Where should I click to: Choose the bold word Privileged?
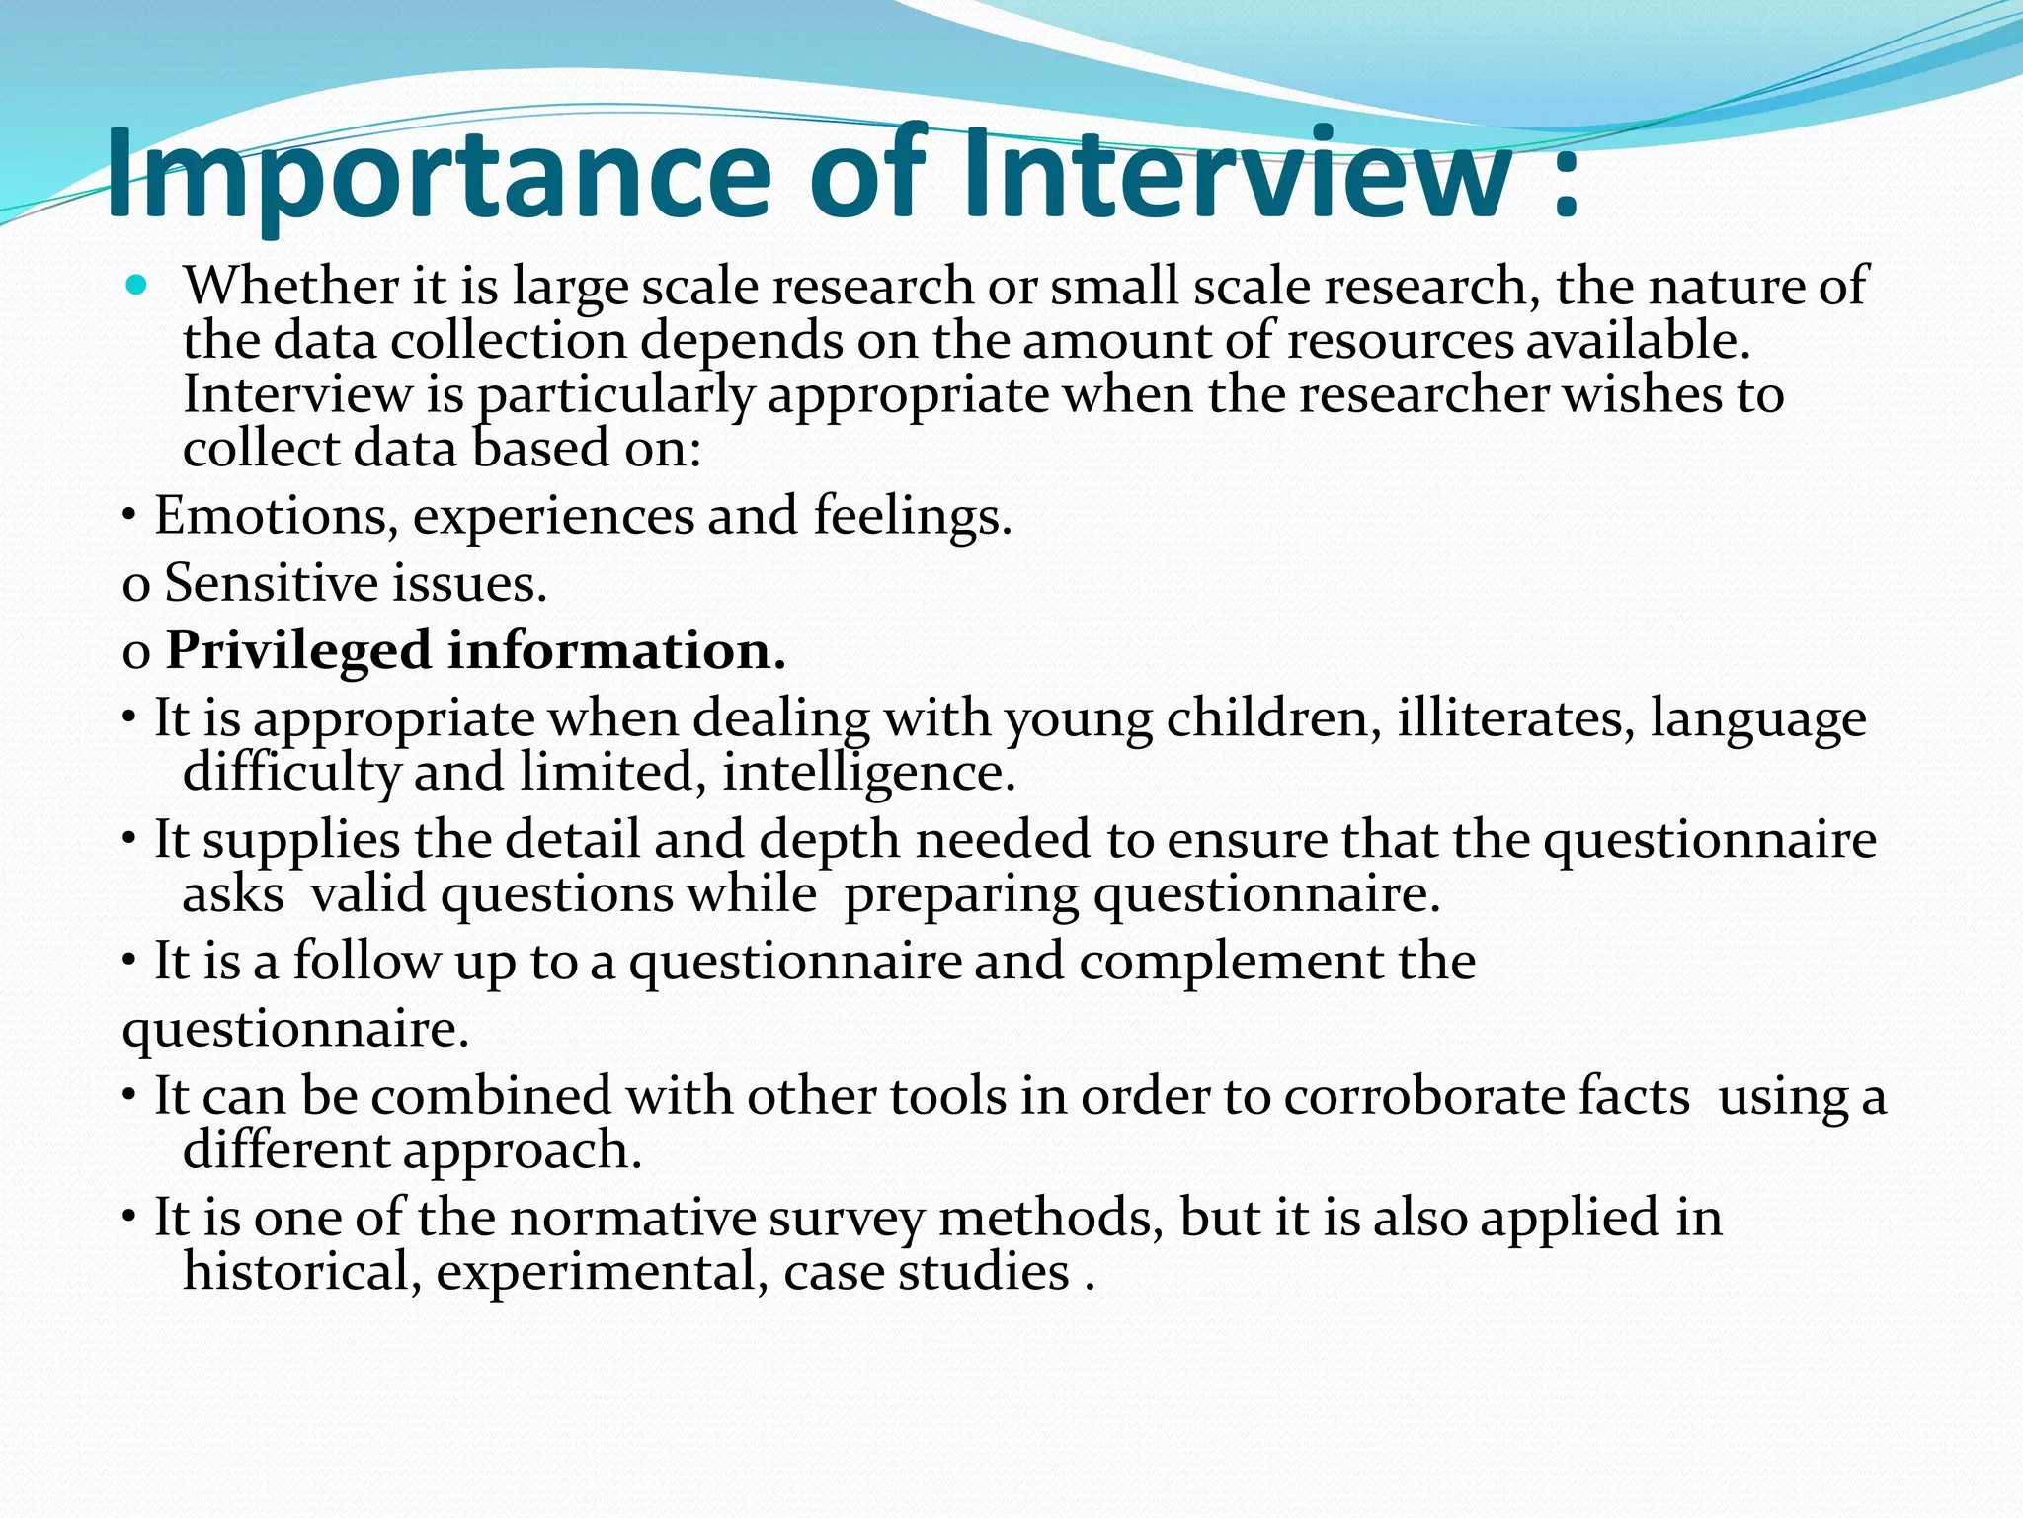point(298,651)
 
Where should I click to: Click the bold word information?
point(616,651)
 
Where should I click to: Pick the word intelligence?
point(869,773)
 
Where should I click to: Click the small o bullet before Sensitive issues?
point(135,586)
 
